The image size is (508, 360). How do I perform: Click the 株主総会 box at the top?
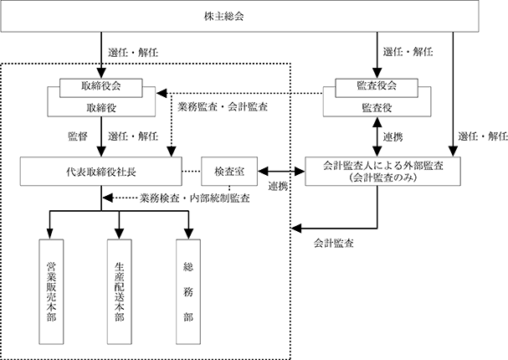coord(239,16)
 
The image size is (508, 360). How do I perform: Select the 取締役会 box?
coord(101,88)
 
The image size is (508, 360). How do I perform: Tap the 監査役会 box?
coord(377,88)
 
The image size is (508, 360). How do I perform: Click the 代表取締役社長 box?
coord(101,172)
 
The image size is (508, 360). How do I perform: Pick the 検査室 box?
coord(229,172)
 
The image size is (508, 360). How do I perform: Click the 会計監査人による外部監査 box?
coord(382,172)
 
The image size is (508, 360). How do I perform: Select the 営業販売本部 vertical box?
coord(51,291)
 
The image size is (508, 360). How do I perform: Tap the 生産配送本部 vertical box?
coord(120,291)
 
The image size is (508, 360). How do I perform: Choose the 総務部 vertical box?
coord(188,291)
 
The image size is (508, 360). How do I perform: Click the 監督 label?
coord(78,136)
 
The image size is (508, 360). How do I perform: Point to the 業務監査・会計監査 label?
coord(223,106)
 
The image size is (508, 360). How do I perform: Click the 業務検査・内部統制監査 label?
coord(195,198)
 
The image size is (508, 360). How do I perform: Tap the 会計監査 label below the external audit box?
coord(333,244)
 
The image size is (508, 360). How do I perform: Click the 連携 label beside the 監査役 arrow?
coord(393,137)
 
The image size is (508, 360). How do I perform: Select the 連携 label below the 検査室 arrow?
coord(278,187)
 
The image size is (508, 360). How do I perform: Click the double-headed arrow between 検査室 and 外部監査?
coord(281,172)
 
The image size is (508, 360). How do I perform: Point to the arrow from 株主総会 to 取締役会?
coord(101,55)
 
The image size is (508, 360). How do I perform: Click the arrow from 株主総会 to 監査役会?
coord(377,55)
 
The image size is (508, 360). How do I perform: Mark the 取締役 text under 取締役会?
coord(101,108)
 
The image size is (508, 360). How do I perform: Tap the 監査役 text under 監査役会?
coord(377,108)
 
